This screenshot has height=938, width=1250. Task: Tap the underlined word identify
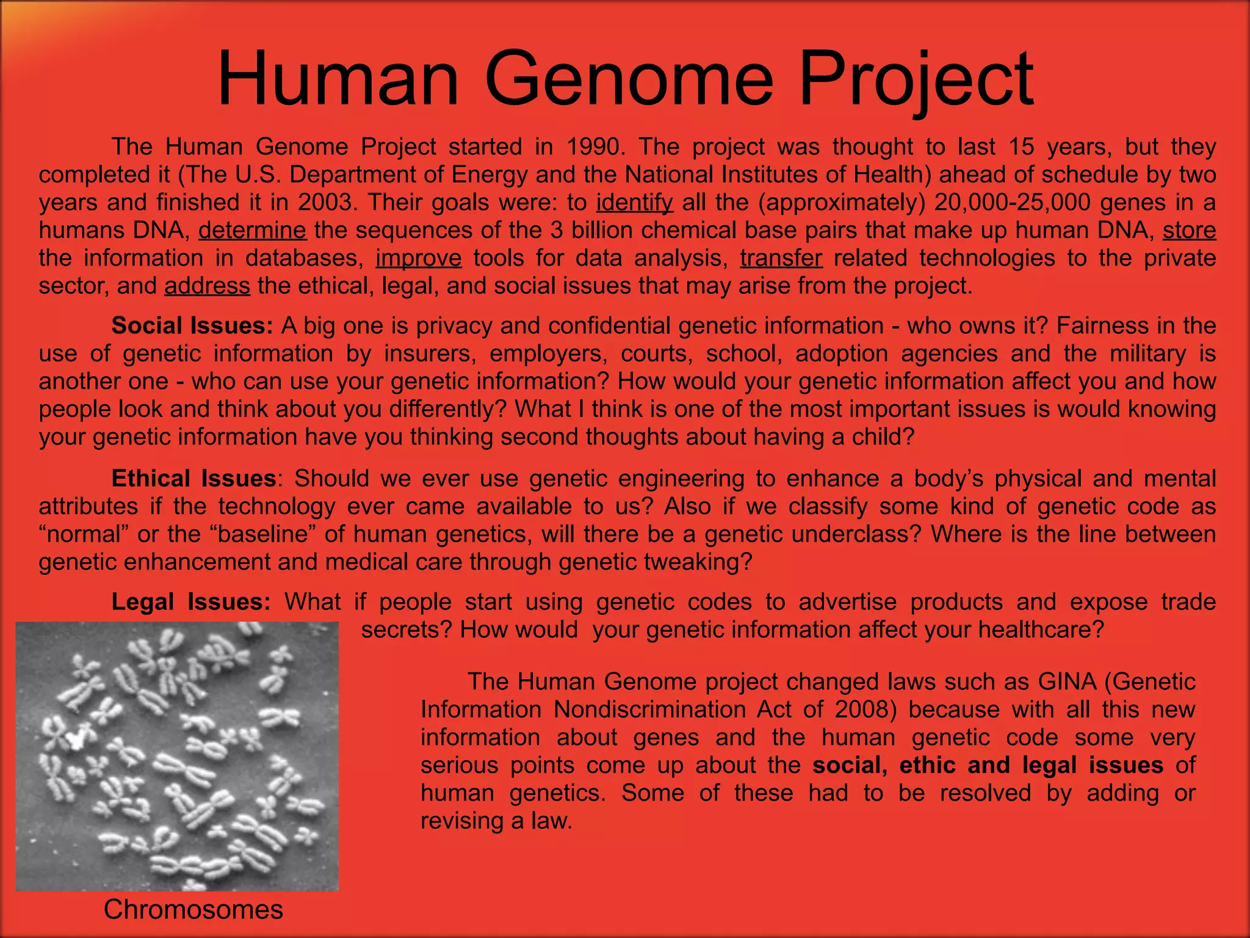635,203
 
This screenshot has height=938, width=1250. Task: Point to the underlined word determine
252,230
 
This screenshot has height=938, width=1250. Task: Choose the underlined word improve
418,258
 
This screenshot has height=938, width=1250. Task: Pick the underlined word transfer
781,258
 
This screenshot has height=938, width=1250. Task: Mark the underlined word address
207,286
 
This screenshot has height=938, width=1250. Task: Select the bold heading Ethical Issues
193,479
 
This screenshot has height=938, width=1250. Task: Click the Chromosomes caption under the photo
193,910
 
